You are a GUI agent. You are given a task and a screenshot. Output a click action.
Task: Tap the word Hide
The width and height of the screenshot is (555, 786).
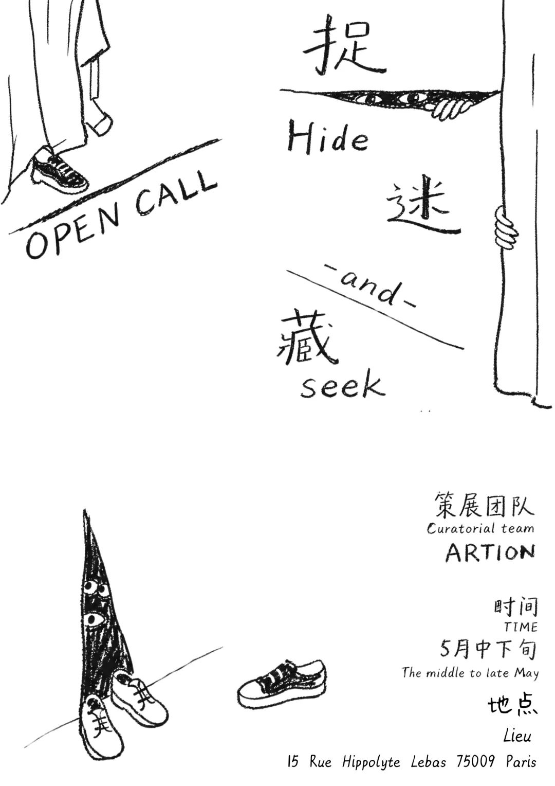[x=328, y=137]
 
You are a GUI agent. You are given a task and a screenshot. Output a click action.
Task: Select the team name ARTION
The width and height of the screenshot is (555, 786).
[x=490, y=553]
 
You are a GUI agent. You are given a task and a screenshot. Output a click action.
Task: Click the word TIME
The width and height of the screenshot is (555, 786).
[x=521, y=627]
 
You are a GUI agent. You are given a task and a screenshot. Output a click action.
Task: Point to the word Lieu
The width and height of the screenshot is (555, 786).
[x=517, y=736]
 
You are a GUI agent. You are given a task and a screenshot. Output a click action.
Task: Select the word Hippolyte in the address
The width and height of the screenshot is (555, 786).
[x=371, y=762]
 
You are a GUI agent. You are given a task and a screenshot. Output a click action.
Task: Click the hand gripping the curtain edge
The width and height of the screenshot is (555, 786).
[x=505, y=226]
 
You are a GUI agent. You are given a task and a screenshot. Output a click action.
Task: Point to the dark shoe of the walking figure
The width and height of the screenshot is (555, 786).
[x=59, y=170]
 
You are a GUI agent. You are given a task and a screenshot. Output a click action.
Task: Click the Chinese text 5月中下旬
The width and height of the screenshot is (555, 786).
[x=488, y=649]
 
